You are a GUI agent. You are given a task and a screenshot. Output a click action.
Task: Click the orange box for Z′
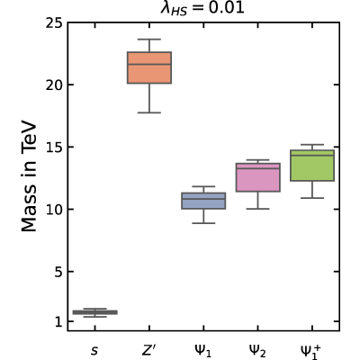(149, 67)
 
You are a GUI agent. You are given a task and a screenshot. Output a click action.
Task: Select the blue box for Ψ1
(203, 201)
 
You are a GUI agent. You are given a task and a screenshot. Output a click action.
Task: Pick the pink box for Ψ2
(258, 177)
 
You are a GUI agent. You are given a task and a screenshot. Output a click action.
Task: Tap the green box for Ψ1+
(312, 166)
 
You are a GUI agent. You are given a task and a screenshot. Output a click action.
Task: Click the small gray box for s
(95, 312)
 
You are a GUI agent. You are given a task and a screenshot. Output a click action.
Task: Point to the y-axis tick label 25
(54, 22)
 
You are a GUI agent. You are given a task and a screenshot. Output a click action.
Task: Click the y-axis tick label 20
(54, 85)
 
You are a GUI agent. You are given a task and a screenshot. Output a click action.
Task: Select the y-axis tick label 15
(54, 147)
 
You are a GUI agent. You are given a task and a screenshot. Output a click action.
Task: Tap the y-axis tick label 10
(54, 209)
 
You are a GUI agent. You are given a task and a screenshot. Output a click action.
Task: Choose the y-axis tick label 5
(58, 272)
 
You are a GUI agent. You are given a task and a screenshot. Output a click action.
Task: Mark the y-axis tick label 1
(58, 321)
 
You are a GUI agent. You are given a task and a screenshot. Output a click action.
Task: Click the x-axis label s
(94, 350)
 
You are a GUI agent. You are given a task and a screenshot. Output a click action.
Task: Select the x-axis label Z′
(149, 349)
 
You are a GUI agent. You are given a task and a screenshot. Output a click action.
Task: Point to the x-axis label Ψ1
(203, 350)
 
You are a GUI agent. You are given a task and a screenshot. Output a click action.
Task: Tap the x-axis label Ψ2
(257, 350)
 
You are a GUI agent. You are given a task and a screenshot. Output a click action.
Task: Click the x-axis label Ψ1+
(310, 351)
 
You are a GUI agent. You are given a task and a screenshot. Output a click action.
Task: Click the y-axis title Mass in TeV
(29, 176)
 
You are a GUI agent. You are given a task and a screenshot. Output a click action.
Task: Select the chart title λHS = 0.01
(202, 8)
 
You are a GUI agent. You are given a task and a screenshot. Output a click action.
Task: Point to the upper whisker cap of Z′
(149, 40)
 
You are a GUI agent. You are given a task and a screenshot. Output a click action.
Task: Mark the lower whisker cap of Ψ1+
(312, 198)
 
